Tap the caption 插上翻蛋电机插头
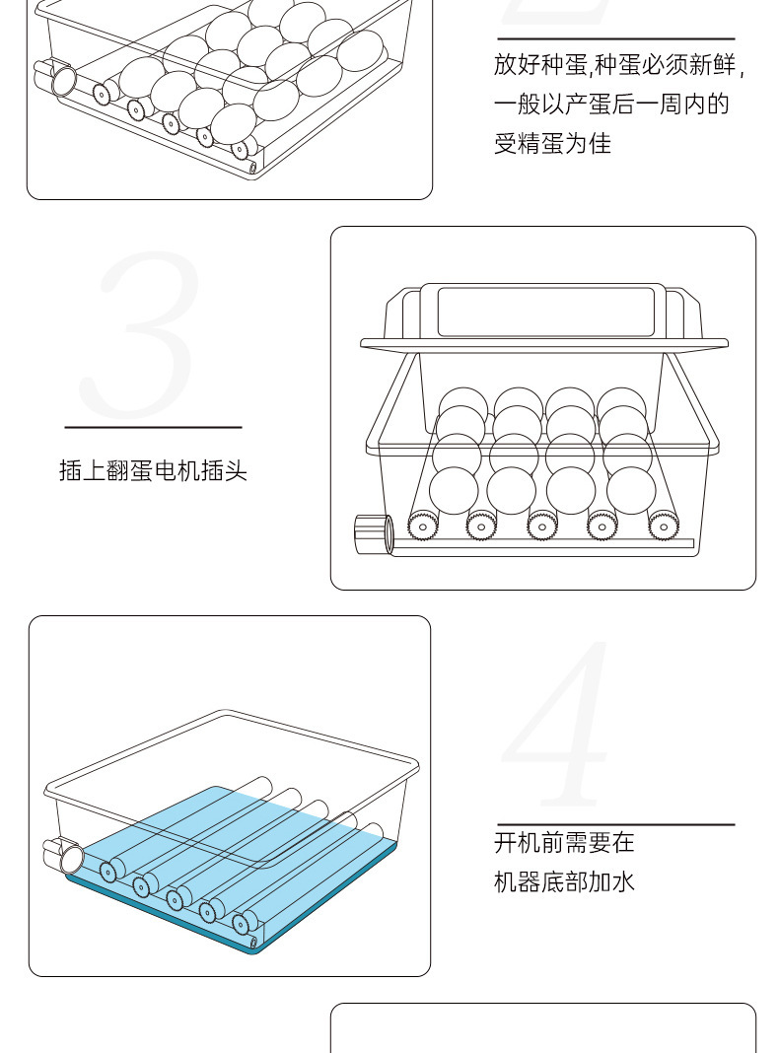pyautogui.click(x=153, y=470)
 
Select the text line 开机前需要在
pyautogui.click(x=564, y=843)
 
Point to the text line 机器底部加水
pyautogui.click(x=564, y=881)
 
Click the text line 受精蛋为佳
pyautogui.click(x=552, y=144)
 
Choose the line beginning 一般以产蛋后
pyautogui.click(x=611, y=105)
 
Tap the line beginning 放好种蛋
pyautogui.click(x=618, y=66)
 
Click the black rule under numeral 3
pyautogui.click(x=153, y=427)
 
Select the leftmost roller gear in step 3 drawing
pyautogui.click(x=423, y=526)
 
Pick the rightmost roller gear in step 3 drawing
pyautogui.click(x=663, y=526)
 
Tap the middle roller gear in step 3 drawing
pyautogui.click(x=541, y=526)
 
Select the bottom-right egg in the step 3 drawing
pyautogui.click(x=631, y=490)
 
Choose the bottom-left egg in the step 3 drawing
pyautogui.click(x=454, y=490)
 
